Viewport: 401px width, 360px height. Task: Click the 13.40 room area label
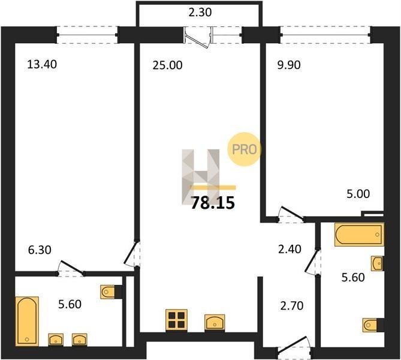point(42,64)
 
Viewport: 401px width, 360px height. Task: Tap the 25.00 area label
point(167,65)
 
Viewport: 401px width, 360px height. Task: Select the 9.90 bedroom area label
point(289,65)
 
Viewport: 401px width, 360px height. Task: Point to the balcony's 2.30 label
point(200,12)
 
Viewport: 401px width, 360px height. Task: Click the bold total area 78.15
point(213,203)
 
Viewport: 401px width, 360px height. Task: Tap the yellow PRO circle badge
point(244,149)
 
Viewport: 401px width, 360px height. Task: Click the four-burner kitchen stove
point(176,320)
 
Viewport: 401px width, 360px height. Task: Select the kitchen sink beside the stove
point(215,322)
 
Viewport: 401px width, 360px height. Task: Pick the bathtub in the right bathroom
point(359,235)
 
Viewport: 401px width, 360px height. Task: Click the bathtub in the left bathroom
point(27,322)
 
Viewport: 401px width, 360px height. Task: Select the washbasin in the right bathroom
point(378,263)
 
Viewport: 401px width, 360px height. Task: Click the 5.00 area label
point(358,194)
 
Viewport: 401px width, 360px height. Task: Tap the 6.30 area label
point(40,250)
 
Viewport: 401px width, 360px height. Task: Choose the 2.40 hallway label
point(290,249)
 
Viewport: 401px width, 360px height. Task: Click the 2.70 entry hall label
point(292,306)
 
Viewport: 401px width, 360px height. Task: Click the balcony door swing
point(198,39)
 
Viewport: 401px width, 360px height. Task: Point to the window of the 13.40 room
point(87,35)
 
